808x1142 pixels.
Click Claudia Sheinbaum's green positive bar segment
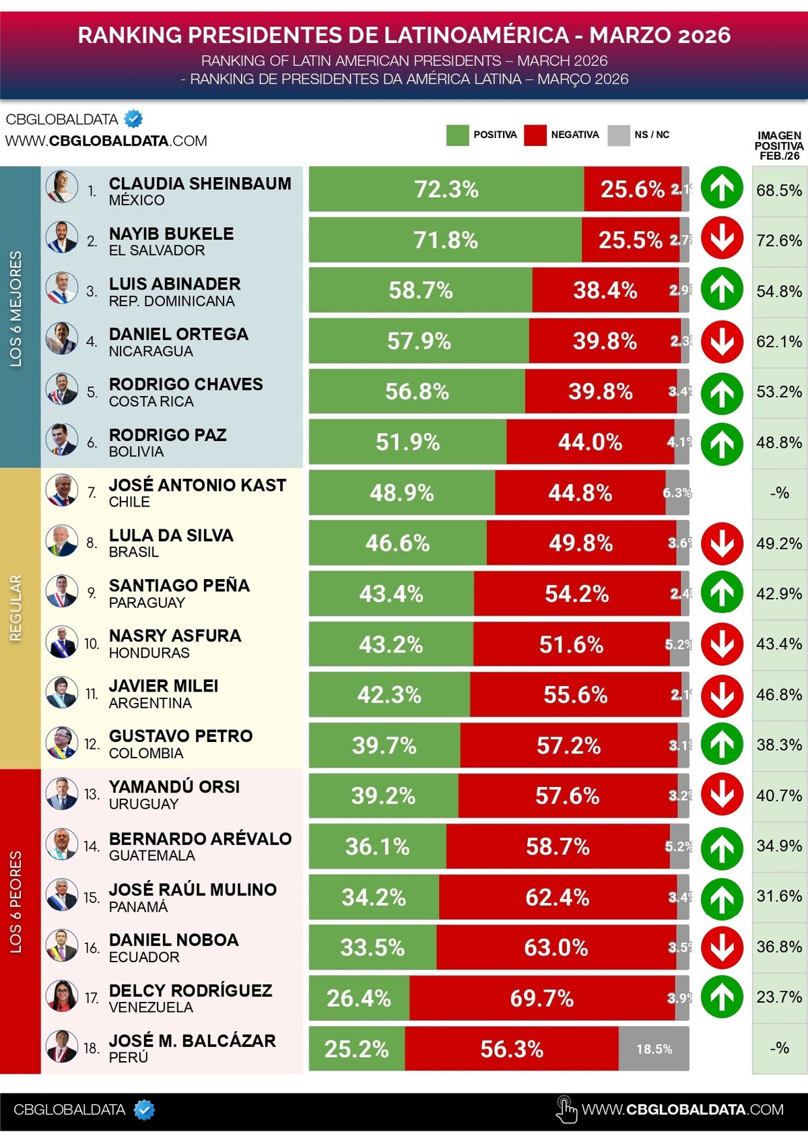pyautogui.click(x=446, y=189)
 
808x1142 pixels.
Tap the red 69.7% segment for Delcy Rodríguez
pyautogui.click(x=542, y=998)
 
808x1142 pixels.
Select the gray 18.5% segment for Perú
pyautogui.click(x=654, y=1048)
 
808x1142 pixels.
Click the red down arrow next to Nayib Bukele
pyautogui.click(x=722, y=238)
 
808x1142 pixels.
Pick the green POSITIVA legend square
pyautogui.click(x=457, y=135)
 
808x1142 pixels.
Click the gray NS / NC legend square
pyautogui.click(x=618, y=135)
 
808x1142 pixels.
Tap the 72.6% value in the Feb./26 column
pyautogui.click(x=779, y=240)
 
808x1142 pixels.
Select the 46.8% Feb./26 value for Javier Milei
pyautogui.click(x=779, y=694)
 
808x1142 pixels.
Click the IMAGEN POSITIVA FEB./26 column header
pyautogui.click(x=779, y=145)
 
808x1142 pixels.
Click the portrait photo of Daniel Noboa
pyautogui.click(x=61, y=945)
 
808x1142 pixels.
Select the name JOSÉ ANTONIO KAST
pyautogui.click(x=197, y=485)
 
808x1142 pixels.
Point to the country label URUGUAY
pyautogui.click(x=143, y=804)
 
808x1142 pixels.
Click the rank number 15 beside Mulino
pyautogui.click(x=92, y=898)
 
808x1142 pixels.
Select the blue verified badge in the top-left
pyautogui.click(x=134, y=119)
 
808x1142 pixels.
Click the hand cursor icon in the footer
pyautogui.click(x=566, y=1110)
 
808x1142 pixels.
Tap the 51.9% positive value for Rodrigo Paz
pyautogui.click(x=407, y=442)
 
